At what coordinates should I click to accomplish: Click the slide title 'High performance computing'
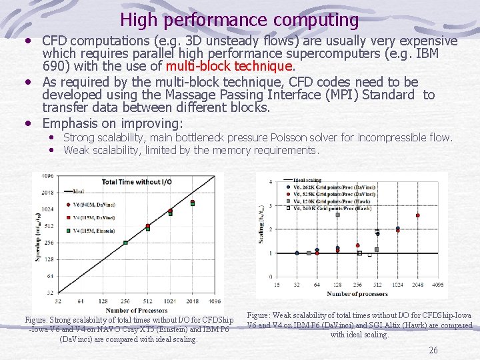point(239,20)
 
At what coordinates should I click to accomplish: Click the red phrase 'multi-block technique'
point(229,66)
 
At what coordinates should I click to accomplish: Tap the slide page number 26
point(433,350)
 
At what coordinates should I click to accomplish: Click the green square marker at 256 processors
point(125,243)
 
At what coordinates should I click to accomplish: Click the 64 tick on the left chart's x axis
point(81,301)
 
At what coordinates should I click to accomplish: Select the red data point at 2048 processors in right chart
point(418,215)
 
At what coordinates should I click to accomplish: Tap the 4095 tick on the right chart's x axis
point(438,285)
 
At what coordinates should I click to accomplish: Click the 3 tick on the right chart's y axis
point(270,205)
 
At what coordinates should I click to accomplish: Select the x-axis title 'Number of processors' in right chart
point(357,293)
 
